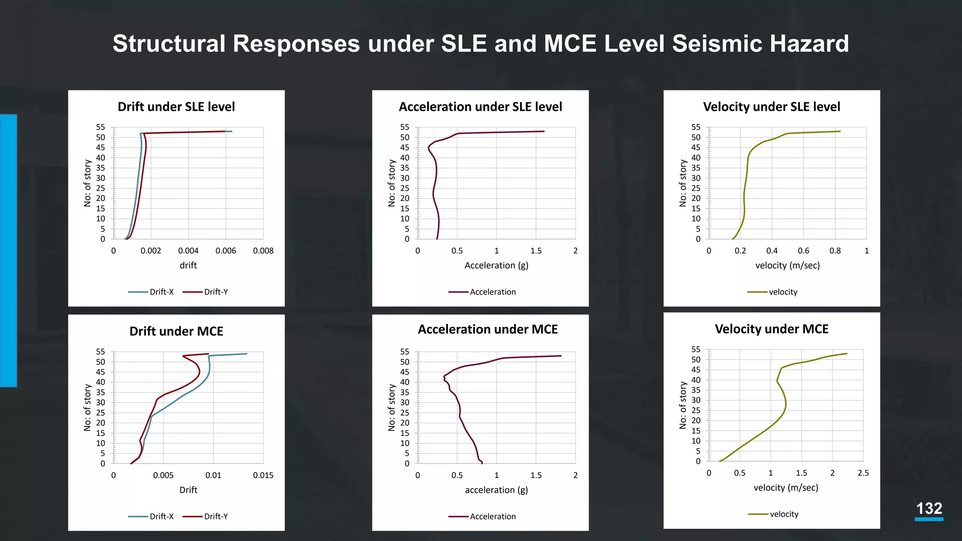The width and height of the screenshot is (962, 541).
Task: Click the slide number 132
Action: (929, 509)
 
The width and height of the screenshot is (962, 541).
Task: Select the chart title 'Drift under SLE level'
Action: (176, 107)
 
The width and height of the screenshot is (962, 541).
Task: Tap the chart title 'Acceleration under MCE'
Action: (488, 329)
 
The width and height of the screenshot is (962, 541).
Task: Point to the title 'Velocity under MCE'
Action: (771, 329)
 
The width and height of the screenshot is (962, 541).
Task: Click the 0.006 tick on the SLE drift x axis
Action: (225, 251)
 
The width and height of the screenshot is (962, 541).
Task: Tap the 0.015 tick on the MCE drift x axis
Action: (263, 475)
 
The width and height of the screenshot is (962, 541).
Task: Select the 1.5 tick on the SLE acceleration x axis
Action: (536, 251)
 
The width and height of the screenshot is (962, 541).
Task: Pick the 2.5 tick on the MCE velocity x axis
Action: (863, 473)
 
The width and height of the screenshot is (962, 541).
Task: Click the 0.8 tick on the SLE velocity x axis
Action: (835, 251)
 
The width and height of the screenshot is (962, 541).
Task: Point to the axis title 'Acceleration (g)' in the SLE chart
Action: (497, 265)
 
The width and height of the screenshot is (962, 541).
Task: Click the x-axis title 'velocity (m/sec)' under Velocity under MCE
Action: (786, 487)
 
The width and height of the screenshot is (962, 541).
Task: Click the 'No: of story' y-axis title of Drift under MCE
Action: (87, 407)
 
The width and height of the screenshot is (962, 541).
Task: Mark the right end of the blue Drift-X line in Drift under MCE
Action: (247, 354)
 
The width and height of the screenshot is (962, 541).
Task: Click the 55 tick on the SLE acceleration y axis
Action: (404, 127)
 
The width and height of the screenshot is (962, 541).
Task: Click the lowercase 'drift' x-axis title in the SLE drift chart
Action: (188, 265)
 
